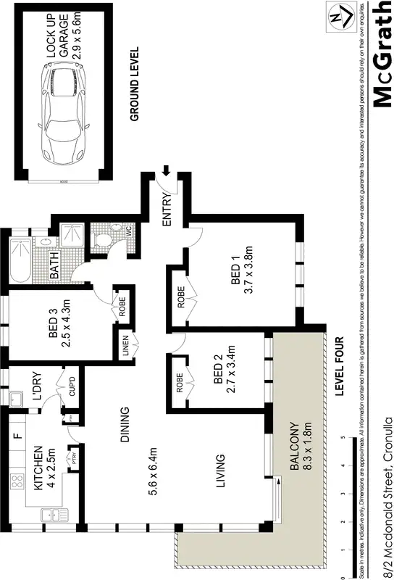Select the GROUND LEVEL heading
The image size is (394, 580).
pos(134,83)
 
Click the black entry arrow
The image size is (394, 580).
pos(166,171)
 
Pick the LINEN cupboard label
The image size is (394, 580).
pos(125,347)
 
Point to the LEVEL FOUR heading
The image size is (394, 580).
pos(339,365)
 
